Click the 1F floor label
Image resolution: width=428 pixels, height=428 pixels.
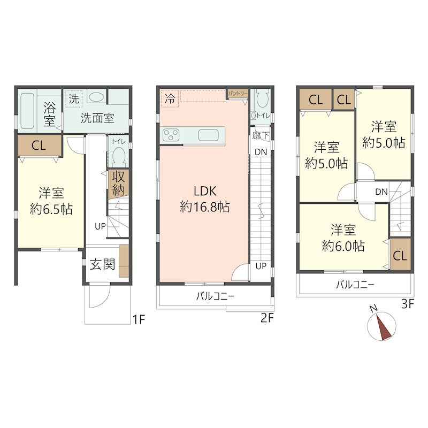139,319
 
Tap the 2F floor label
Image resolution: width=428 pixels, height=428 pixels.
267,318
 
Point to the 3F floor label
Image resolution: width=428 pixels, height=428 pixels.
408,304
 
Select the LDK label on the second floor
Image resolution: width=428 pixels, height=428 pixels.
205,191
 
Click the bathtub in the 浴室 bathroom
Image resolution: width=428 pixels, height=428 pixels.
27,111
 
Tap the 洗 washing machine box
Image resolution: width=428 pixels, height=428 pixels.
74,98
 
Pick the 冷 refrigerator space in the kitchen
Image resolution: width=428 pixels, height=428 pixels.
170,98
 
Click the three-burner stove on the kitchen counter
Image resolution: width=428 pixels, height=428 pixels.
171,135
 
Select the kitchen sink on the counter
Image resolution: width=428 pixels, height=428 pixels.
208,135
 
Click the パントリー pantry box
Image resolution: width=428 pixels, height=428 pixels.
238,94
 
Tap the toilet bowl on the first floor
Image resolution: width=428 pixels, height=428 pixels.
119,156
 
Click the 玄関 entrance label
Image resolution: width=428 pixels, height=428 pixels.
102,264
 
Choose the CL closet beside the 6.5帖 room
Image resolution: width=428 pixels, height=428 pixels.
39,146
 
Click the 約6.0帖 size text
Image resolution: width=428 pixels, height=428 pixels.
343,246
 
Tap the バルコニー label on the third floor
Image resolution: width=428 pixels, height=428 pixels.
355,285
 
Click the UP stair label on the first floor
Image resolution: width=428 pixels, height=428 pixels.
100,226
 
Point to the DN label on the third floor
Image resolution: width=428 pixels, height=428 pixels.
381,192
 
